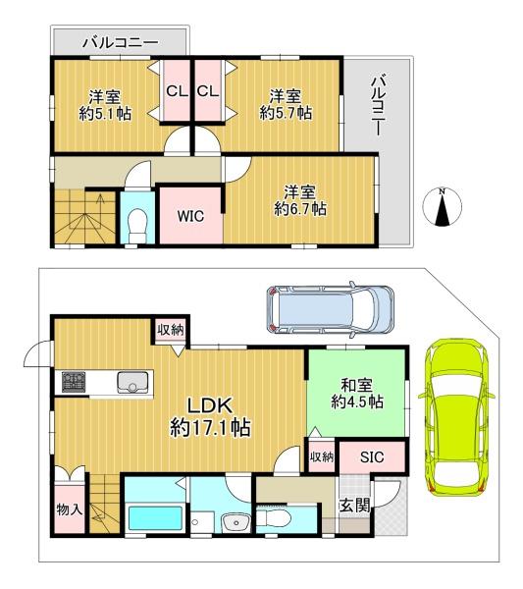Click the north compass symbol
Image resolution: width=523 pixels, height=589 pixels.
click(x=443, y=207)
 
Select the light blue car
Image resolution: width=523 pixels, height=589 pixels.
click(x=331, y=309)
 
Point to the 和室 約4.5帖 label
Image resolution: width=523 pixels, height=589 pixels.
click(x=357, y=394)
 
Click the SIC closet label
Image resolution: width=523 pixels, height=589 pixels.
click(x=372, y=456)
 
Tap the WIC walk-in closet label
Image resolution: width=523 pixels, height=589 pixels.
click(x=190, y=216)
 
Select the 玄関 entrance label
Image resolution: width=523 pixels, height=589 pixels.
click(x=354, y=506)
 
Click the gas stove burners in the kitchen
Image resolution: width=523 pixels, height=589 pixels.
click(x=74, y=382)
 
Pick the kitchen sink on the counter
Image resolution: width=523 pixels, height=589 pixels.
click(x=131, y=382)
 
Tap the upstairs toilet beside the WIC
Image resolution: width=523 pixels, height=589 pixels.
click(x=136, y=226)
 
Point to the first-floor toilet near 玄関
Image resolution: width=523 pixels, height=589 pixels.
click(x=274, y=519)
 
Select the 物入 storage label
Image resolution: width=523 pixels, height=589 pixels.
click(x=70, y=509)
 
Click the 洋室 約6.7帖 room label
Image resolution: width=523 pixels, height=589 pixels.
click(x=300, y=200)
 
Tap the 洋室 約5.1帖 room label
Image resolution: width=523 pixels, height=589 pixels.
click(x=105, y=106)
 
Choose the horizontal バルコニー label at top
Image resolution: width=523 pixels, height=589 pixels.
click(x=120, y=42)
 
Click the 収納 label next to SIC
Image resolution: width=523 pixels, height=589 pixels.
click(x=322, y=457)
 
